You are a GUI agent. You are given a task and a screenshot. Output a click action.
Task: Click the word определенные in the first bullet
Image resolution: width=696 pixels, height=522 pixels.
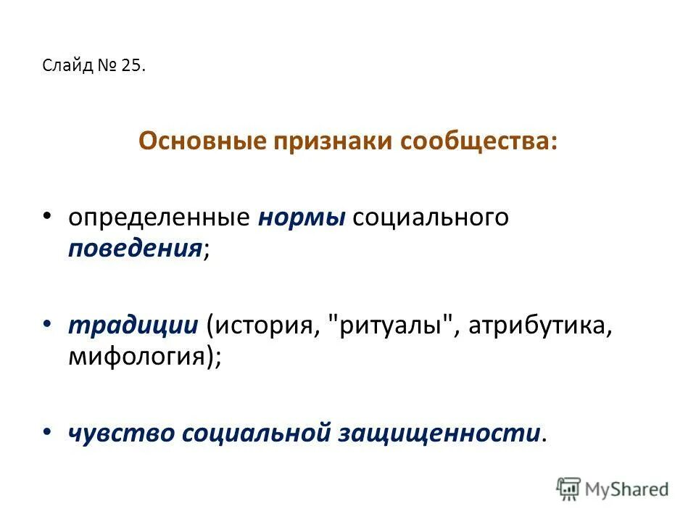[159, 218]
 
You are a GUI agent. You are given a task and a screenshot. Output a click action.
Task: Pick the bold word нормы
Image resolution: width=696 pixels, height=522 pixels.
[302, 218]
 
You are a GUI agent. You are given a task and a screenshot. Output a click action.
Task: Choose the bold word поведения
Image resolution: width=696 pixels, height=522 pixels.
[135, 249]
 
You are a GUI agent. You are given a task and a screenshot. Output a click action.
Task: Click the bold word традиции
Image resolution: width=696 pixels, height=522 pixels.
[133, 326]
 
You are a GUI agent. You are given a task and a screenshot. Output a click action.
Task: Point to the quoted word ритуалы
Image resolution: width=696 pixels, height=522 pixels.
[395, 326]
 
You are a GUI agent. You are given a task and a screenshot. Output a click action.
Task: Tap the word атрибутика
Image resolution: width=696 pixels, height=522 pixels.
[539, 326]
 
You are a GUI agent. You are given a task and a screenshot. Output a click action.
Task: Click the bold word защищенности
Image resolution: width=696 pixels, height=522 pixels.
[439, 433]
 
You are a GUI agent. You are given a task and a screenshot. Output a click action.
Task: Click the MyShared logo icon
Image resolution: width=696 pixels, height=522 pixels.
[569, 489]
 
